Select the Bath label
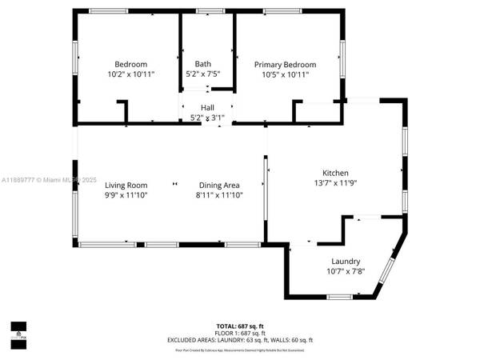pos(203,64)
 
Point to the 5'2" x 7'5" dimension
pos(203,74)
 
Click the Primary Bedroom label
pos(285,64)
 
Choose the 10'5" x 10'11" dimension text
pos(285,74)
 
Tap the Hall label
pos(207,107)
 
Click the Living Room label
pos(126,185)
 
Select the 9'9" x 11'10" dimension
pos(126,194)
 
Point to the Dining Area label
pos(220,185)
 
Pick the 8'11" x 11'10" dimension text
pos(220,194)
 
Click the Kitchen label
pos(335,173)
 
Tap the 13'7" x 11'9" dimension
pos(335,182)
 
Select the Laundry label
pos(346,261)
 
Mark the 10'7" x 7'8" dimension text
pos(346,270)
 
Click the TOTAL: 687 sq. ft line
pos(240,326)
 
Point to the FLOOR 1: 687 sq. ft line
pos(240,333)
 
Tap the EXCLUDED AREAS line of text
pos(240,340)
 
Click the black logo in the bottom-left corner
pos(18,329)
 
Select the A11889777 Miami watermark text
pos(48,180)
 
